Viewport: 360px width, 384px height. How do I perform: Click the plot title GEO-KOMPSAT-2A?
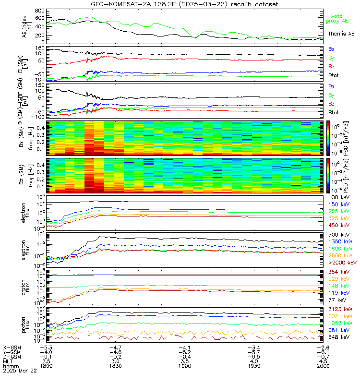[180, 4]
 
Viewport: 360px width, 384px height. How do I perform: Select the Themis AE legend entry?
[341, 34]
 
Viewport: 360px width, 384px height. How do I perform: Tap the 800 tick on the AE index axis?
[39, 11]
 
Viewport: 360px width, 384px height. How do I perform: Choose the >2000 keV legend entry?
[342, 263]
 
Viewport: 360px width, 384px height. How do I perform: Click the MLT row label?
[8, 361]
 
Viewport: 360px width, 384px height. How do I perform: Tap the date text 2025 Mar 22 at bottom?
[20, 371]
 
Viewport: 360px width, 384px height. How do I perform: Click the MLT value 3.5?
[185, 361]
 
